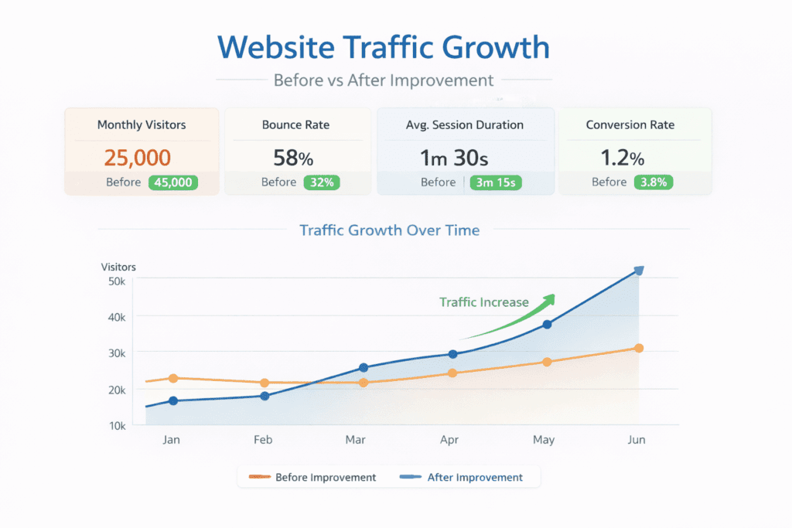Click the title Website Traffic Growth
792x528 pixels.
[384, 47]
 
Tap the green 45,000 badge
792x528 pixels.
[173, 182]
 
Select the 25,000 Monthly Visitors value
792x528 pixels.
[137, 158]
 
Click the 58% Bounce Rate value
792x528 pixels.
[293, 158]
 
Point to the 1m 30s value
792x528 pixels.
[454, 158]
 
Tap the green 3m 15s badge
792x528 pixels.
[496, 182]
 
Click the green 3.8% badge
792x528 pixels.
[654, 182]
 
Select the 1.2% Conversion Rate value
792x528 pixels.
[622, 158]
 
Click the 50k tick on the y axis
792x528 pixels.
[117, 281]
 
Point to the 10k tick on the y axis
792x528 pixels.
[117, 425]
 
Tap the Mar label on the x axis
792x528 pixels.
[355, 440]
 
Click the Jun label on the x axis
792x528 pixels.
[637, 440]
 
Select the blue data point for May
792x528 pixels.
[547, 325]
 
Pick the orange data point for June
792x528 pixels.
[639, 348]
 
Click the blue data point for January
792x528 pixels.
[173, 400]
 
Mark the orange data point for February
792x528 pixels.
[265, 383]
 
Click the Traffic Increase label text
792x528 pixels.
[484, 302]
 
